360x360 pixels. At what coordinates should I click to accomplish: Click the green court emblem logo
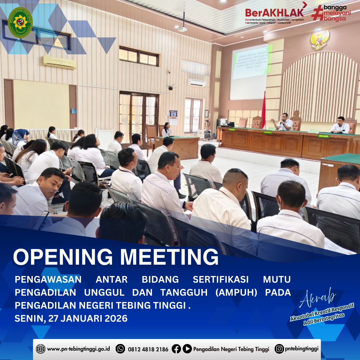20,22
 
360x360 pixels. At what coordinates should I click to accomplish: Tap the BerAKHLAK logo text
274,13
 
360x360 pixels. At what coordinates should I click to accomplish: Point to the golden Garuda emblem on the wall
320,39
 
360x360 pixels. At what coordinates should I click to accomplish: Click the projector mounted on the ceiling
182,29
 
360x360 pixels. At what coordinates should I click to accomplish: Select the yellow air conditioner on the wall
60,62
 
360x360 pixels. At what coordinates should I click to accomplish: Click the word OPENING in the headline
63,257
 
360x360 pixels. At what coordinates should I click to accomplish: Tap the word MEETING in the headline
169,257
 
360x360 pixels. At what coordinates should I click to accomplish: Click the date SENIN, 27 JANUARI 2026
71,318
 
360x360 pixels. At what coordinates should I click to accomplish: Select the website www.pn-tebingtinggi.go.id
78,349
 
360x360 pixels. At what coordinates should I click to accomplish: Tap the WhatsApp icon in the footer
120,349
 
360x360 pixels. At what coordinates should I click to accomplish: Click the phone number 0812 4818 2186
148,349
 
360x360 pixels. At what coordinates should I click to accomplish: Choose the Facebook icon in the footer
176,349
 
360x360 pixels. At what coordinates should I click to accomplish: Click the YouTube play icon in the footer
187,349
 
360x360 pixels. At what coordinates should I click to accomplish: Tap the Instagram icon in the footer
279,349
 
